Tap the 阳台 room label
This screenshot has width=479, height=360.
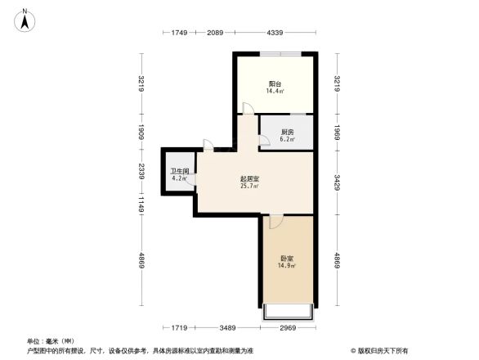coord(275,84)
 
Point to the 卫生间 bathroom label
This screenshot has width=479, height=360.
coord(179,172)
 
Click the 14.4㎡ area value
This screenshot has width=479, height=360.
coord(275,92)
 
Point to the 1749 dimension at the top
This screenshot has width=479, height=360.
coord(180,33)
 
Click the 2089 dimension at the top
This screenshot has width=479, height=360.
coord(215,33)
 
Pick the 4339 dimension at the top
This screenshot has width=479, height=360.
coord(275,33)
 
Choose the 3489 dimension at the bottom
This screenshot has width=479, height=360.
coord(227,328)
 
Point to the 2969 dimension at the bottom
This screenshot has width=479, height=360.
coord(287,328)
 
